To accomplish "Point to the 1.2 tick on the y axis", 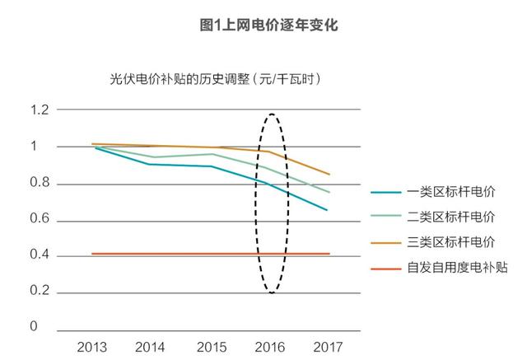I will pyautogui.click(x=38, y=110).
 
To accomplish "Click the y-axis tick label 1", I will pyautogui.click(x=35, y=147).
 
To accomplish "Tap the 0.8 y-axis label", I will pyautogui.click(x=38, y=183).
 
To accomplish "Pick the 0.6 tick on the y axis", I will pyautogui.click(x=38, y=219).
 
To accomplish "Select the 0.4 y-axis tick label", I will pyautogui.click(x=38, y=255).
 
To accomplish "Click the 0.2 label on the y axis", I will pyautogui.click(x=38, y=292).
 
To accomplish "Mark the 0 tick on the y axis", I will pyautogui.click(x=35, y=327).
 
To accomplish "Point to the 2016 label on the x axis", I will pyautogui.click(x=270, y=347).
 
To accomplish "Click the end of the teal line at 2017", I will pyautogui.click(x=328, y=210).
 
